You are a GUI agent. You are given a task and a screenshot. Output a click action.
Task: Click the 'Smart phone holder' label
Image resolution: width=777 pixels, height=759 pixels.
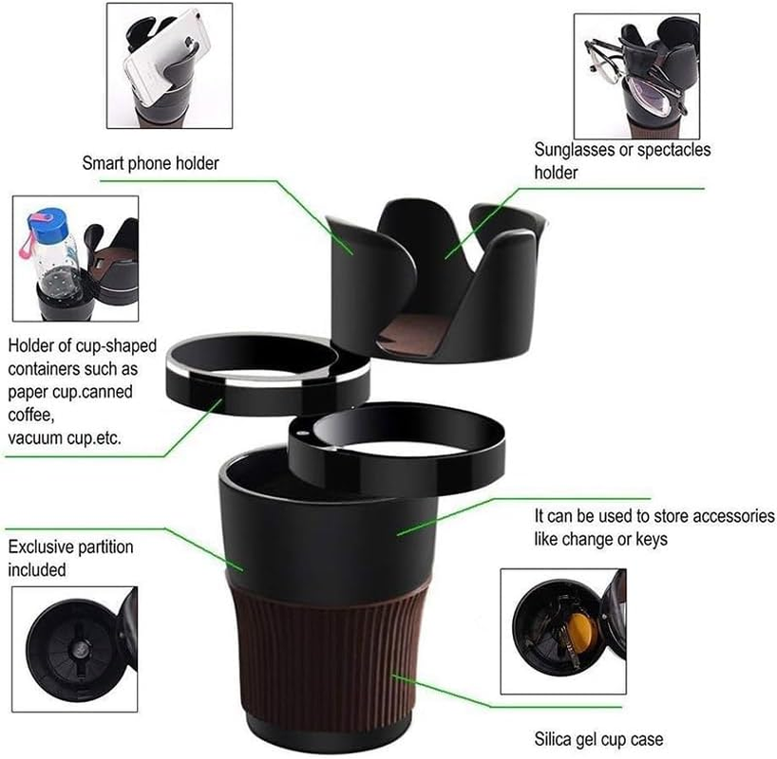pos(151,163)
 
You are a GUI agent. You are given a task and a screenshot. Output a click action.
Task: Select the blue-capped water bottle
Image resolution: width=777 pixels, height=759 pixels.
pos(57,247)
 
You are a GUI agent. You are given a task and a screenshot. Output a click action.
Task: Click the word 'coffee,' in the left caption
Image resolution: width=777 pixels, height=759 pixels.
pos(29,415)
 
